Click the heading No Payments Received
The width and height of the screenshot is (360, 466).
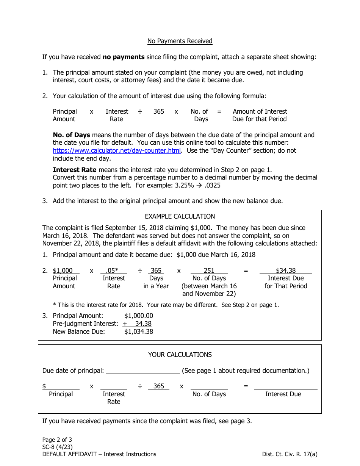pyautogui.click(x=180, y=41)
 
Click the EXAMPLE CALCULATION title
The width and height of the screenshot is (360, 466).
pyautogui.click(x=180, y=216)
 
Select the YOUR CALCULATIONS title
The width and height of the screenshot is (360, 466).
pyautogui.click(x=180, y=355)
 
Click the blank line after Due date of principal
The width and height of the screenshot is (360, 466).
pyautogui.click(x=143, y=371)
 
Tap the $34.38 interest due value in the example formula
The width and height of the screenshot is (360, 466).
pyautogui.click(x=286, y=271)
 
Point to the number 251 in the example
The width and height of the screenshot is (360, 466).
pyautogui.click(x=209, y=271)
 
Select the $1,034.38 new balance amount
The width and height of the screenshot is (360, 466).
pyautogui.click(x=139, y=332)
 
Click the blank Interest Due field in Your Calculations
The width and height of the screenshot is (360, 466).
pyautogui.click(x=286, y=386)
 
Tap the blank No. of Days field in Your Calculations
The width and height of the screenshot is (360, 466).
pyautogui.click(x=209, y=386)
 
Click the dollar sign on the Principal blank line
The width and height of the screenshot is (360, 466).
pyautogui.click(x=44, y=386)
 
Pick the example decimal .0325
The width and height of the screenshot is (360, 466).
pyautogui.click(x=213, y=185)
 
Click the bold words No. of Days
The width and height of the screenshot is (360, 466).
pyautogui.click(x=71, y=135)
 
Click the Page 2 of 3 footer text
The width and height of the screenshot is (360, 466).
pyautogui.click(x=57, y=440)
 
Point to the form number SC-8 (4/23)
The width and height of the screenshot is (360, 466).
pyautogui.click(x=58, y=447)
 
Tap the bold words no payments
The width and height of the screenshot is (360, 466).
pyautogui.click(x=124, y=57)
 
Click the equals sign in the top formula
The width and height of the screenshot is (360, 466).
pyautogui.click(x=219, y=111)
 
